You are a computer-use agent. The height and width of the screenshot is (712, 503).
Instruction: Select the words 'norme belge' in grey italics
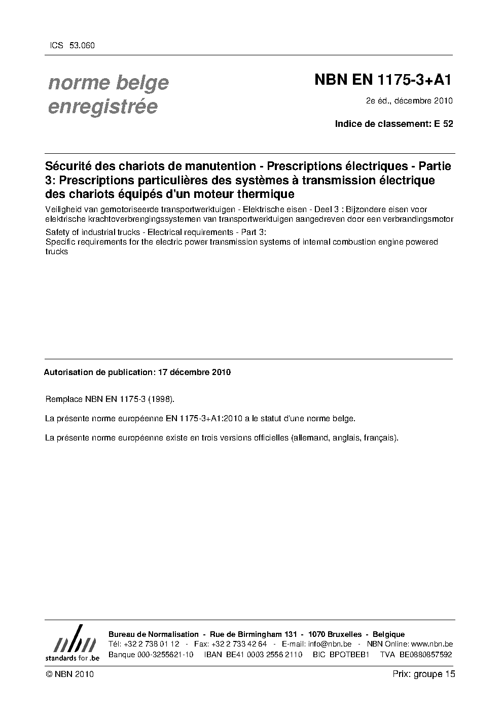(108, 82)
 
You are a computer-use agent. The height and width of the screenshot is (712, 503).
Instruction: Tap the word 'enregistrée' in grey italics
(102, 107)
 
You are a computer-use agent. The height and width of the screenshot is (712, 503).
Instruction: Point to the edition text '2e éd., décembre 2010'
(409, 101)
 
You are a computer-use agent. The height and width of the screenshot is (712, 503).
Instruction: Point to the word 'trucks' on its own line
(56, 252)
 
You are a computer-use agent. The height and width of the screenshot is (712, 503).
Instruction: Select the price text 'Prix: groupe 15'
(423, 674)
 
